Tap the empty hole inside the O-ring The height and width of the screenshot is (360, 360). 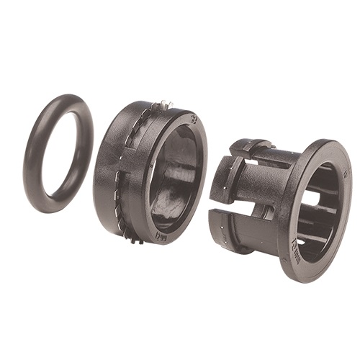point(60,154)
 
